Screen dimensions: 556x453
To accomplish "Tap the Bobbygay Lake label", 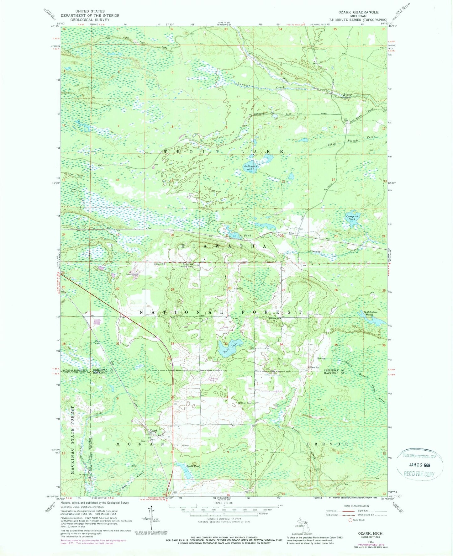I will point(250,167).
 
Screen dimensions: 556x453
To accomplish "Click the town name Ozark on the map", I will point(153,430).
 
